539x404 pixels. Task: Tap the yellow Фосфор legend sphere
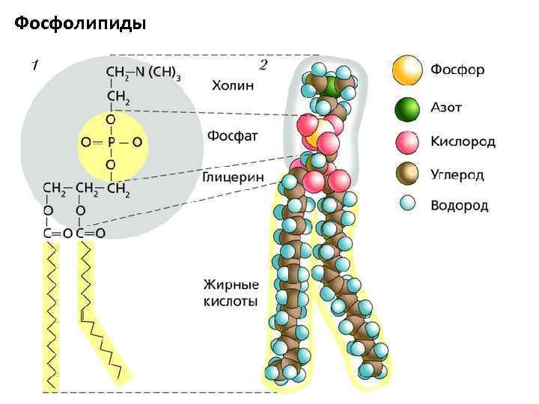tap(407, 70)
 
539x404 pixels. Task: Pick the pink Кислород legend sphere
tap(407, 141)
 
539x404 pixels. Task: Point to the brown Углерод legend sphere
tap(407, 174)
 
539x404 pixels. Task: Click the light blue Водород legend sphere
tap(407, 203)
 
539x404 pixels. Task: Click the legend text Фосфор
tap(457, 70)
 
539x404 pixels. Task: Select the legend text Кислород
tap(463, 141)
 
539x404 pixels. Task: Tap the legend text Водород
tap(459, 204)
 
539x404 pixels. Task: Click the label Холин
tap(233, 85)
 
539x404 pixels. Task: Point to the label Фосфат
tap(232, 137)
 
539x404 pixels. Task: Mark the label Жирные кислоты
tap(231, 293)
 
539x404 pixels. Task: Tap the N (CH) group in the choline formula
tap(162, 73)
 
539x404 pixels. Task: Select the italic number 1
tap(34, 66)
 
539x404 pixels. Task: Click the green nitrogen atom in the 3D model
tap(331, 86)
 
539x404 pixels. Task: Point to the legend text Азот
tap(446, 108)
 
